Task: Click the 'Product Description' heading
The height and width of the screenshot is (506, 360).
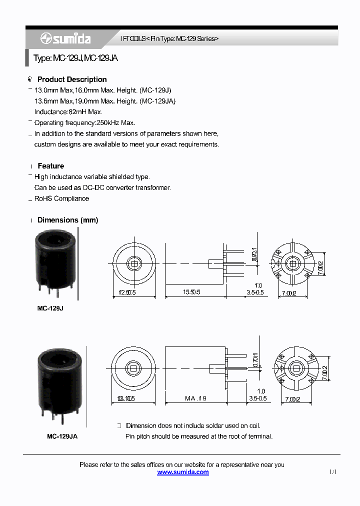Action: coord(72,79)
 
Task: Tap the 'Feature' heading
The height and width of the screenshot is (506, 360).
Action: coord(50,166)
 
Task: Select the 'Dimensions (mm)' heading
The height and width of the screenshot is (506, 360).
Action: coord(67,220)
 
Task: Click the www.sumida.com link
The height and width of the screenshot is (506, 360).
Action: coord(183,472)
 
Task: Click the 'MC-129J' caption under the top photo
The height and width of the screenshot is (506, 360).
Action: coord(50,308)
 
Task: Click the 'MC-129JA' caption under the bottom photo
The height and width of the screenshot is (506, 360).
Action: coord(62,436)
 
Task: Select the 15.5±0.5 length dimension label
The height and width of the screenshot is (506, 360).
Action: coord(191,292)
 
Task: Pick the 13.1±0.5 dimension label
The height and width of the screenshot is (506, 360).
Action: coord(126,398)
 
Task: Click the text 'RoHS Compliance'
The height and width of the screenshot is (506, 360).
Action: coord(61,198)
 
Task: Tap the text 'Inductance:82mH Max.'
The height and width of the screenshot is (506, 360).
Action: coord(68,112)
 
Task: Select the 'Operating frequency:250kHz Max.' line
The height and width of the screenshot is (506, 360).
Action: coord(84,122)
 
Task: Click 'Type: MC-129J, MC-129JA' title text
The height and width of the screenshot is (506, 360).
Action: coord(75,58)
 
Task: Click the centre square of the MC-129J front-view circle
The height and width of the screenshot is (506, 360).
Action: coord(134,263)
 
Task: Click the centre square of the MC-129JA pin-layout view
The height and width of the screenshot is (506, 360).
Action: coord(296,368)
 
